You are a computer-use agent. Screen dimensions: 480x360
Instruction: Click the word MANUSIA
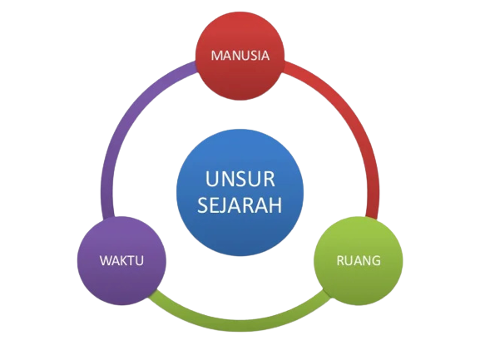pos(240,56)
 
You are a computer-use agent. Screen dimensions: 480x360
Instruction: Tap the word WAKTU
pos(121,260)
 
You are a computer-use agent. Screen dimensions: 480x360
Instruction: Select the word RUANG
pos(359,260)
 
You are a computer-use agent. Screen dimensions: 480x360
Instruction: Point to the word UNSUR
pos(240,179)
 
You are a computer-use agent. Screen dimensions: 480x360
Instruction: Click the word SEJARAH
pos(240,205)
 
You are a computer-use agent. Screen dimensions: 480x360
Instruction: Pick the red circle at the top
pos(240,56)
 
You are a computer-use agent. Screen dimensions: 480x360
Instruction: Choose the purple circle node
pos(121,260)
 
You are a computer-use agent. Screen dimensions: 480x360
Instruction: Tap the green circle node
pos(359,260)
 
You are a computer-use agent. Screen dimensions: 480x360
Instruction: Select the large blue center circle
pos(240,192)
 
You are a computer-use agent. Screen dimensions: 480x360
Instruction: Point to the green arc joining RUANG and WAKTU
pos(240,325)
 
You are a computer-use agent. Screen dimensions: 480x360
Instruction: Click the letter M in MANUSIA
pos(217,56)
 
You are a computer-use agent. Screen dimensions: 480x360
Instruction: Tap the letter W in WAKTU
pos(106,260)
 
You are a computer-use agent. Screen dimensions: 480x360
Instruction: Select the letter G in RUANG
pos(376,260)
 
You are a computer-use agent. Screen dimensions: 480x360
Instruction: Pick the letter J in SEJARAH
pos(224,205)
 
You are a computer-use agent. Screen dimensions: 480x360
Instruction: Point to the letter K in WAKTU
pos(126,260)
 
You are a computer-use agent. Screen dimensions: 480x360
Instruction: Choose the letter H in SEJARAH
pos(276,205)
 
